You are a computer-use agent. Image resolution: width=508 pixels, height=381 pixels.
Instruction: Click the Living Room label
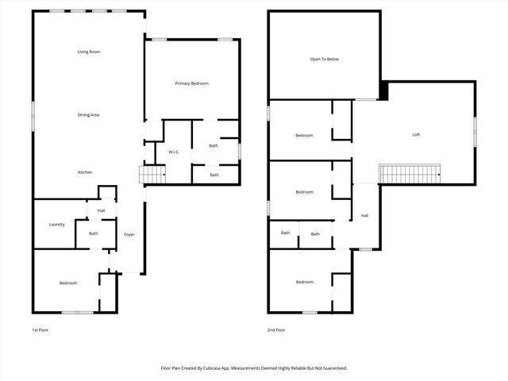[89, 52]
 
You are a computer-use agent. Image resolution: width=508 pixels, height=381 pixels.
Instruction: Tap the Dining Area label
[89, 115]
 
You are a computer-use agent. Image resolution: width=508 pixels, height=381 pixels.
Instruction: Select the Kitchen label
[85, 172]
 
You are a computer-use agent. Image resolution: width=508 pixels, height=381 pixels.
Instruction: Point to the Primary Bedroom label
[191, 83]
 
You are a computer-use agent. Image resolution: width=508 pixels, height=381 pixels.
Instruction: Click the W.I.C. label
[174, 152]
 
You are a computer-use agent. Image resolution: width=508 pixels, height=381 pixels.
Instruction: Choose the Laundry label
[56, 224]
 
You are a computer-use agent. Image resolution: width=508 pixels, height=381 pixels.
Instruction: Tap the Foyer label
[129, 234]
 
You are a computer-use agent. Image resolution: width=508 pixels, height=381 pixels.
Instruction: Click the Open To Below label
[324, 60]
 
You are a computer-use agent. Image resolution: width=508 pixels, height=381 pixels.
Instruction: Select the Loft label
[416, 134]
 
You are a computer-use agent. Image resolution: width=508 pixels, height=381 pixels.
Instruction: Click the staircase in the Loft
[410, 173]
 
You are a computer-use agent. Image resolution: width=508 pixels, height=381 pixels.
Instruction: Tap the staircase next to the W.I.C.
[152, 175]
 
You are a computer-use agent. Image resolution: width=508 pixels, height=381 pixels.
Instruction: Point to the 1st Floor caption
[40, 329]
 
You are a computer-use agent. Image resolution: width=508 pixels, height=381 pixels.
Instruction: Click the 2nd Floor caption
[276, 329]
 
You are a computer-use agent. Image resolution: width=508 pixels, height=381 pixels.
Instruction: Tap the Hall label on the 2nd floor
[364, 215]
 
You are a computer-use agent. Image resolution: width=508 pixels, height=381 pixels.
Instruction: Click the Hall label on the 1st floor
[101, 210]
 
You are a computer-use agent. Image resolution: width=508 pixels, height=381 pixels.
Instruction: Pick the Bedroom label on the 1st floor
[68, 283]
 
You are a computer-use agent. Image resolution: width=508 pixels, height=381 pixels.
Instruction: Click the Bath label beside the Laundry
[93, 233]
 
